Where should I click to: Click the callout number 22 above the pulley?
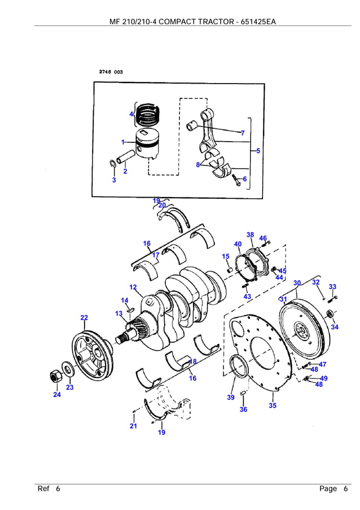tap(84, 318)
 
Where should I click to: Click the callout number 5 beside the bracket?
tap(258, 151)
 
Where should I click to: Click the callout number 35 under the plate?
tap(273, 406)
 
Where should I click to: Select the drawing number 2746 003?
tap(111, 72)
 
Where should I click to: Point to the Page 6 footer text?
tap(333, 489)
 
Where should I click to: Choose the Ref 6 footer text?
tap(49, 489)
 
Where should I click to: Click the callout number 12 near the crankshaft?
tap(133, 287)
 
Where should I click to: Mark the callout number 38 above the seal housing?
tap(250, 234)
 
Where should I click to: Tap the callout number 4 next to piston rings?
tap(131, 114)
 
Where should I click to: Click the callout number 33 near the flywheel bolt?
tap(332, 287)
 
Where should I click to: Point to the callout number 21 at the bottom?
tap(133, 426)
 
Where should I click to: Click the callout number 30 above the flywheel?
tap(297, 282)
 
